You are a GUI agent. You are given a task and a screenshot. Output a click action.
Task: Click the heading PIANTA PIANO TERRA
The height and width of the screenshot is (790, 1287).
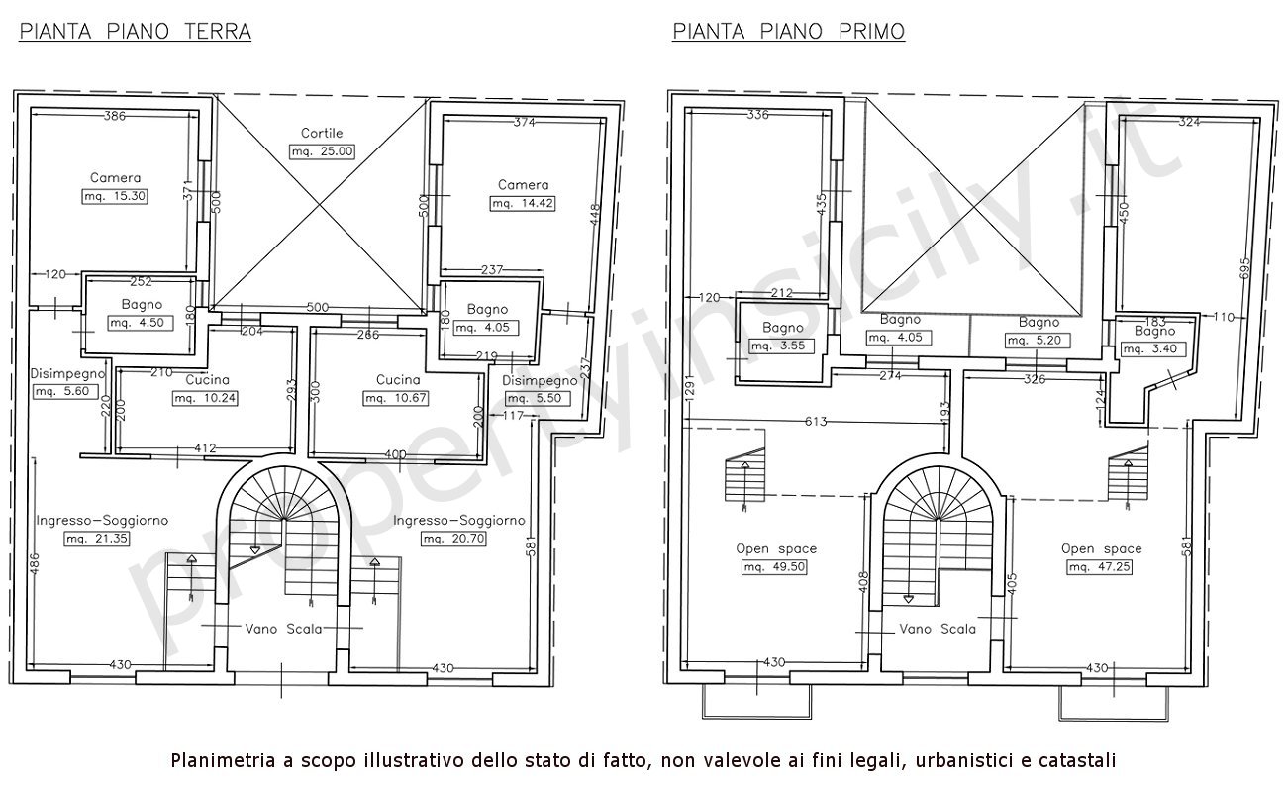[135, 31]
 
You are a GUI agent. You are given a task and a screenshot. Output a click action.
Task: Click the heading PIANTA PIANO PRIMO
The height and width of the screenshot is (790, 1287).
[788, 31]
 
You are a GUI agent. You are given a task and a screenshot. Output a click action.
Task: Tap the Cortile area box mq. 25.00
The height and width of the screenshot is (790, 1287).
[322, 151]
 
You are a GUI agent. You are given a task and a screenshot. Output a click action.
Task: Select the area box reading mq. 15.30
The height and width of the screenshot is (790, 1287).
[114, 196]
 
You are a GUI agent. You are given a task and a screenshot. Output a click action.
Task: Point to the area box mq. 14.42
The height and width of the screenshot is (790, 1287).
[523, 203]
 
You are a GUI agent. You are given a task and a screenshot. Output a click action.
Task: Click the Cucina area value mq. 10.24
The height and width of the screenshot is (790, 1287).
[205, 398]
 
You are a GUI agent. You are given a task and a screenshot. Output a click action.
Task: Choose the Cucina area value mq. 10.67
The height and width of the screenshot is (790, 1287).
[396, 398]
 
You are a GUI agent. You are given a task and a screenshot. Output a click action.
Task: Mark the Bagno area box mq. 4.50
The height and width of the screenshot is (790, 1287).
[141, 323]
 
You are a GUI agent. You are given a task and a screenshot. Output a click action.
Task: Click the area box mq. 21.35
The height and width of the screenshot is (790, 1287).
[97, 539]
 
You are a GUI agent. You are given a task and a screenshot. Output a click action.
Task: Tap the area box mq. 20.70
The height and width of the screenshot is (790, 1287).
[453, 539]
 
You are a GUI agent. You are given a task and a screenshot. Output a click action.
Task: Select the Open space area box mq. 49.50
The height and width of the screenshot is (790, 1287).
[774, 567]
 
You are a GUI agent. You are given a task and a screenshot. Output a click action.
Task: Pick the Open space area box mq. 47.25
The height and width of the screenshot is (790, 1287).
[1099, 567]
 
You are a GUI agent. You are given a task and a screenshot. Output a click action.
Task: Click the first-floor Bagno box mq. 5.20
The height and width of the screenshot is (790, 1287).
[1039, 341]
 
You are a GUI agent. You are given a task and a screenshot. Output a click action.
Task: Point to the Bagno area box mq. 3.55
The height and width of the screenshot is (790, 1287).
[782, 346]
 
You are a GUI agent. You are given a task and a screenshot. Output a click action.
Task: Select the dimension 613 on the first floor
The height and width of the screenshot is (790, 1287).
[816, 422]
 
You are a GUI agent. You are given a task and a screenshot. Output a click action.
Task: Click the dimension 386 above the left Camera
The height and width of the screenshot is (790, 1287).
[114, 116]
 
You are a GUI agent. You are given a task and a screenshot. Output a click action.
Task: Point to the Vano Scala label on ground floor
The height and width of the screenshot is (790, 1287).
[284, 629]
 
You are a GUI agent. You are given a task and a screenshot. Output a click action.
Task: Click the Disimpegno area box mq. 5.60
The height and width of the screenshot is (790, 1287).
[62, 392]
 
